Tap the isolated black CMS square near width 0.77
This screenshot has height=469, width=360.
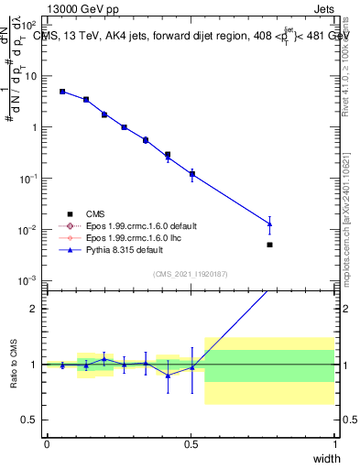pos(269,245)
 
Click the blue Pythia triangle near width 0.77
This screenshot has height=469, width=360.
pos(269,224)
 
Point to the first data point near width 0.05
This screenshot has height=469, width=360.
pos(62,92)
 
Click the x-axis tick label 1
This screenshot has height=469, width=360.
pos(334,444)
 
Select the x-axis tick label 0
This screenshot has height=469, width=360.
pos(47,444)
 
